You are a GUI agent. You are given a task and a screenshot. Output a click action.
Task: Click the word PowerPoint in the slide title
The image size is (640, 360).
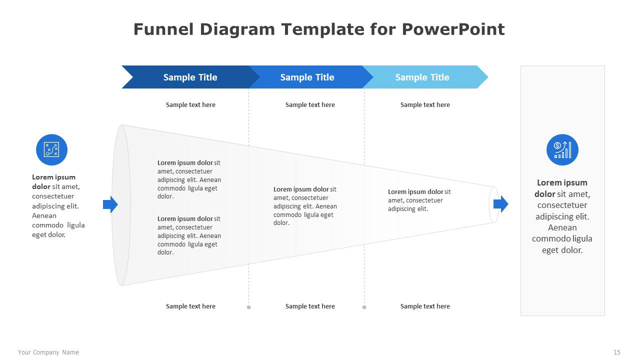coord(453,29)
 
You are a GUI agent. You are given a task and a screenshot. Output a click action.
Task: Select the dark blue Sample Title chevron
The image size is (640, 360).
coord(190,77)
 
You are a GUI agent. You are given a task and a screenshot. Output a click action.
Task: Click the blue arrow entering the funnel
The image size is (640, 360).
coord(110,204)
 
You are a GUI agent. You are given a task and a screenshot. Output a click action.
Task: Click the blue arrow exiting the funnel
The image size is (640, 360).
coord(501,204)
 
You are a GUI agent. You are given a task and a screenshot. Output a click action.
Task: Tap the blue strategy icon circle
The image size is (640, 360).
coord(51,149)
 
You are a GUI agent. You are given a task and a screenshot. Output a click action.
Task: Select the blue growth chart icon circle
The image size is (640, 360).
coord(562,149)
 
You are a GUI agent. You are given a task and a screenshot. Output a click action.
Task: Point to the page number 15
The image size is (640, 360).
coord(617,352)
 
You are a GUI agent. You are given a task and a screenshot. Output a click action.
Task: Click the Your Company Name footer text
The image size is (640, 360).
coord(48,352)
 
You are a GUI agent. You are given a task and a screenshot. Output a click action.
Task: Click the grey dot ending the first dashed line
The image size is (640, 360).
coord(248,307)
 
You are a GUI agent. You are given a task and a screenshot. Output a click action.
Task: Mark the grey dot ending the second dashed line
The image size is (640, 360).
coord(364,307)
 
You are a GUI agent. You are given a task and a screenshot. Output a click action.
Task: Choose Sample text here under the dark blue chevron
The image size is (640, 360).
coord(190,105)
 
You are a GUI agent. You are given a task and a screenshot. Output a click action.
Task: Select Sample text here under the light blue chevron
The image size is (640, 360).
coord(425,105)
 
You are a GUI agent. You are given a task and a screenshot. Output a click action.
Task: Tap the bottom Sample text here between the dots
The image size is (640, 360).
coord(310,306)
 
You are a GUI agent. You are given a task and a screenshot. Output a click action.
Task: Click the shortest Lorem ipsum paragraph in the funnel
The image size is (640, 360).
coord(419,200)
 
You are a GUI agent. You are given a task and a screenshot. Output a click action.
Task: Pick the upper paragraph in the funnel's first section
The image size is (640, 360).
coord(189,179)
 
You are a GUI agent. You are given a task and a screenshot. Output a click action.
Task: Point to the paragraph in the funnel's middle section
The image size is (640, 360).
coord(305,206)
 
